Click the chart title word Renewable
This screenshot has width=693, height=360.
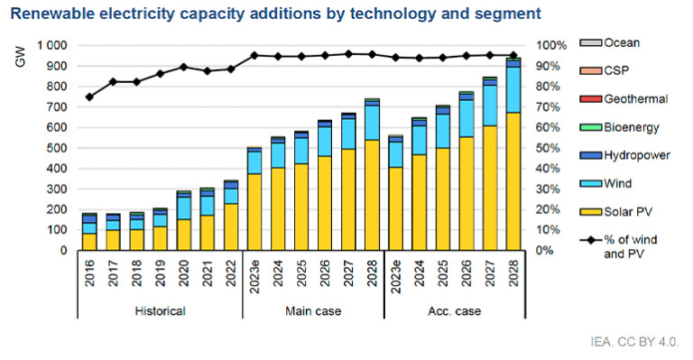point(51,14)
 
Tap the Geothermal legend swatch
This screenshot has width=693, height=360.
point(590,99)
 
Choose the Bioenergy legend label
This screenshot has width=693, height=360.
point(632,127)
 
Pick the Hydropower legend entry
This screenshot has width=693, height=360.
point(625,155)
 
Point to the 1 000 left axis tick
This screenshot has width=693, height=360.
point(51,45)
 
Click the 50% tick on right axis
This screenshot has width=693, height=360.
point(548,148)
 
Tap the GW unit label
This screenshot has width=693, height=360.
point(21,57)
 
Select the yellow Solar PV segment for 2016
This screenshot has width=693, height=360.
point(89,242)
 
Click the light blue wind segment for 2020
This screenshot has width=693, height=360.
point(183,208)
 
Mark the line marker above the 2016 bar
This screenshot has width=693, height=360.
point(89,97)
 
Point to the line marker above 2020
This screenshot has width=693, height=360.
point(183,67)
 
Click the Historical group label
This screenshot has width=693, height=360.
point(160,311)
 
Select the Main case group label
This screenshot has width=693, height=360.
point(313,311)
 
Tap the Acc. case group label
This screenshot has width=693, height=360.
point(455,311)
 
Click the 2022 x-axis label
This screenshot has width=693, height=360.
point(231,272)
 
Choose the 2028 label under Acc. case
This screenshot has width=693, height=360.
point(513,272)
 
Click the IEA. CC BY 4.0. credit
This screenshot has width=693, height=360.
point(634,341)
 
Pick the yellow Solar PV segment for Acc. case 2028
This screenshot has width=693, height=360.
point(513,181)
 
